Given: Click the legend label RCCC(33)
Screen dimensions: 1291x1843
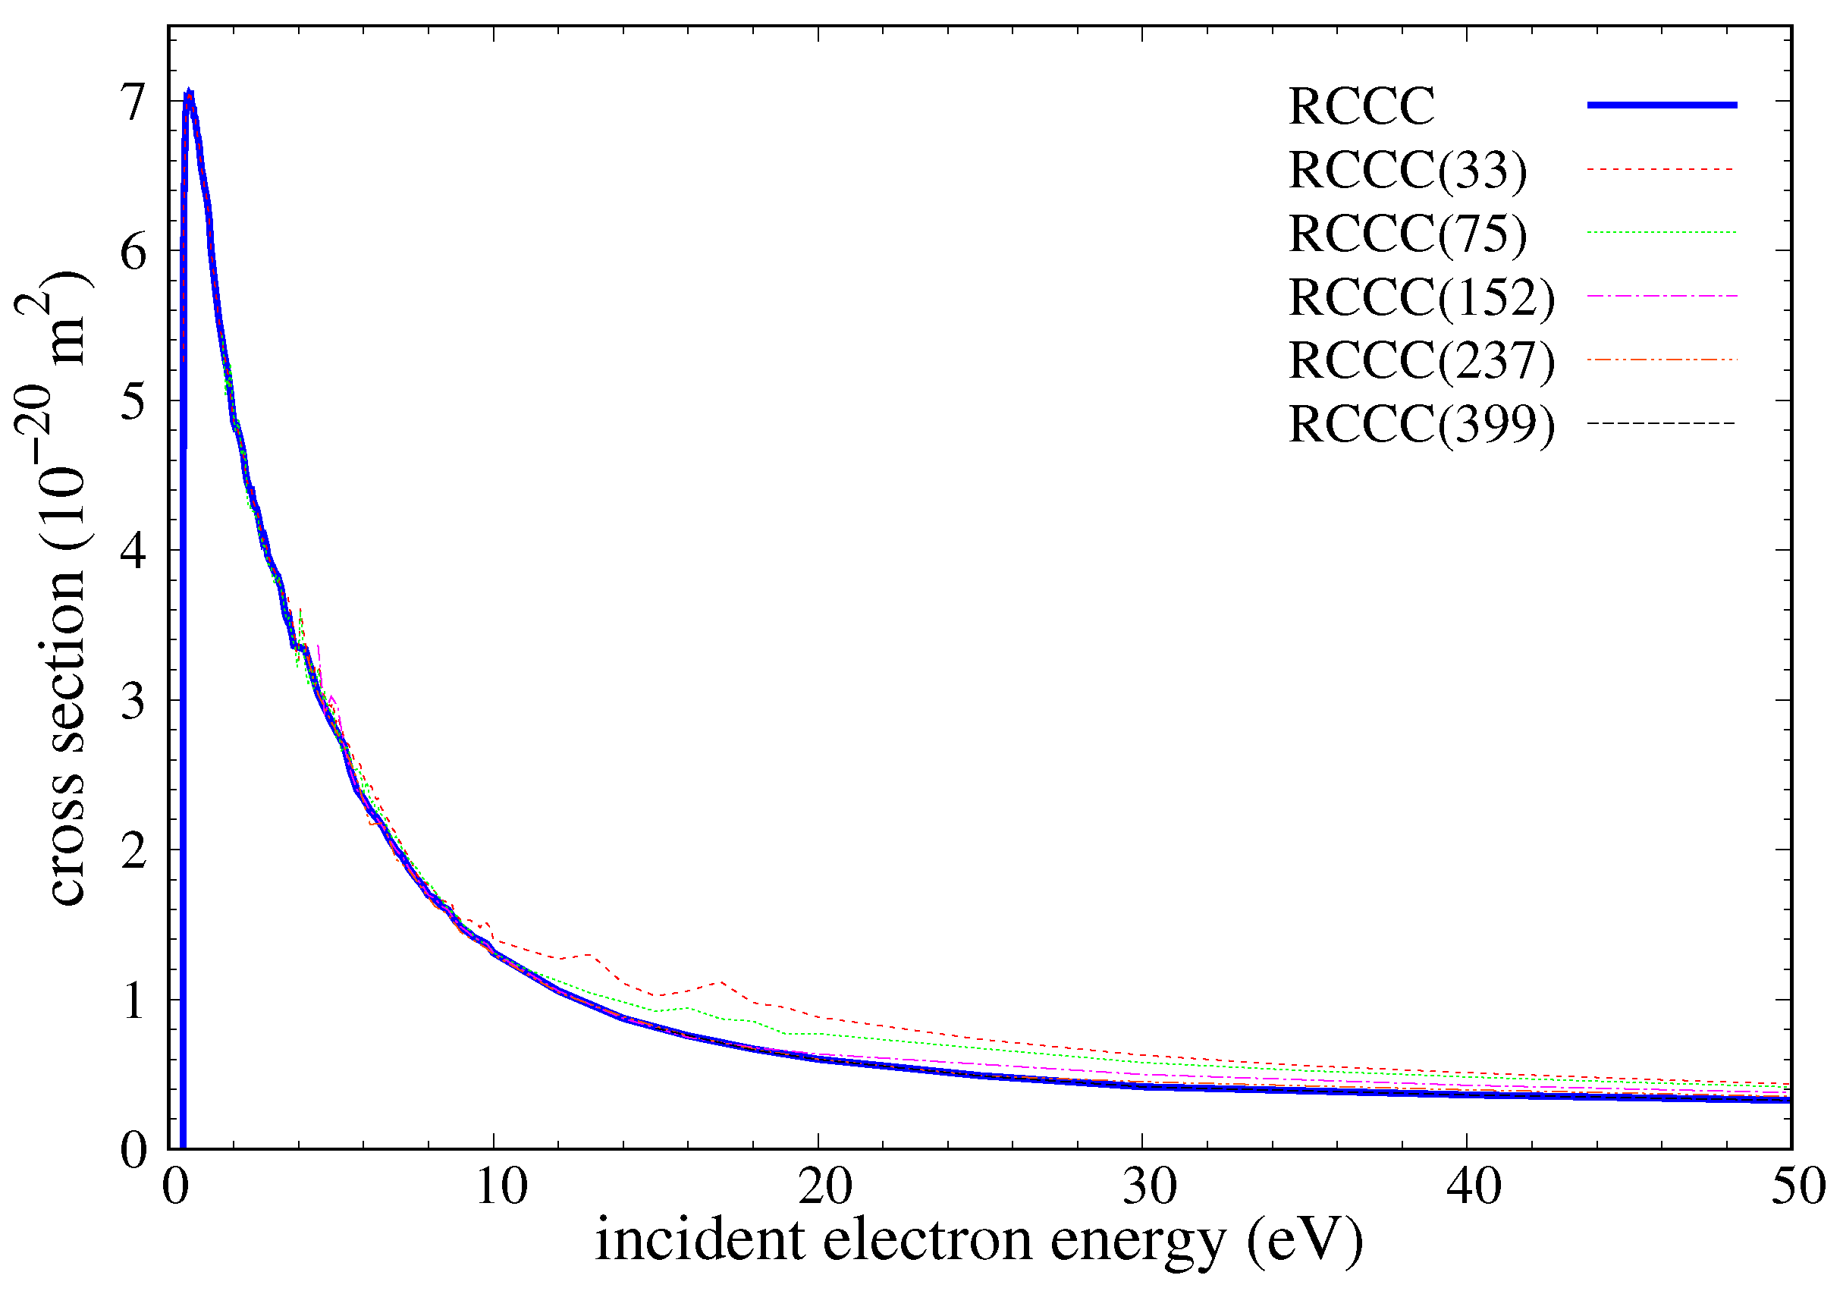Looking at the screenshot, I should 1407,170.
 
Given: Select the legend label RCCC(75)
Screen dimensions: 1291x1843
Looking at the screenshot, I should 1407,234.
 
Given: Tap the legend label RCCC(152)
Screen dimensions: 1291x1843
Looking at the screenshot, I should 1421,297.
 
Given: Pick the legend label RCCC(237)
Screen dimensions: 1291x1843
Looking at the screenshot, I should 1421,360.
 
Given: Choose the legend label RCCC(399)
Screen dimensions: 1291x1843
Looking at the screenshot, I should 1421,424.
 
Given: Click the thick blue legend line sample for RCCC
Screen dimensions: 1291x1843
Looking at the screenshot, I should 1662,105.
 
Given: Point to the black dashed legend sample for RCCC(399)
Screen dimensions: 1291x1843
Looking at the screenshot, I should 1662,423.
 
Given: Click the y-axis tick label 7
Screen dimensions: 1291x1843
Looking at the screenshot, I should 134,102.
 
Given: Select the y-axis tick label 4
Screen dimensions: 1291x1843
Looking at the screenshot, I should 134,551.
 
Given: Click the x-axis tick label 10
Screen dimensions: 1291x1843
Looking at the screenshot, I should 501,1186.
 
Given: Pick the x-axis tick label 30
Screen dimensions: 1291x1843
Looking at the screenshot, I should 1150,1186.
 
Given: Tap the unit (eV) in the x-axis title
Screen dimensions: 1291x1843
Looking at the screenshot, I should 1305,1240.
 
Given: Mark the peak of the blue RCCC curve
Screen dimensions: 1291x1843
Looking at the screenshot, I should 190,94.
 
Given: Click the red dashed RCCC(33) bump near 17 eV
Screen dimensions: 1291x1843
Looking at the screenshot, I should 720,982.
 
